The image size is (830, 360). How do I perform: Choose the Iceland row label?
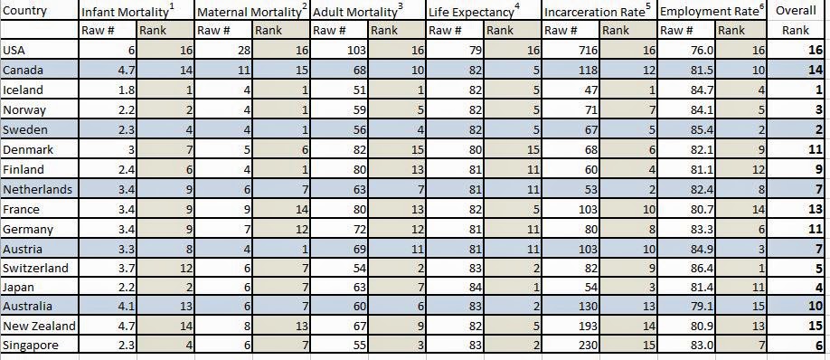(x=23, y=90)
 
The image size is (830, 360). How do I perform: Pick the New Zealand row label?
(x=39, y=326)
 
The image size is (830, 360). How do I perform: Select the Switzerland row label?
(x=35, y=268)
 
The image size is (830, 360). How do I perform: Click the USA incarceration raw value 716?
(x=588, y=51)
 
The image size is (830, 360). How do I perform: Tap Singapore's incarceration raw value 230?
(x=588, y=346)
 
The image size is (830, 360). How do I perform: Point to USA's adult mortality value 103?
(x=356, y=51)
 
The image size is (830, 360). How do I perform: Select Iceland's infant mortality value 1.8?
(x=127, y=90)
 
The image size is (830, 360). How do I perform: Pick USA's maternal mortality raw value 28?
(x=244, y=51)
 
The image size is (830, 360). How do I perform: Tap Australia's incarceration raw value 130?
(x=588, y=306)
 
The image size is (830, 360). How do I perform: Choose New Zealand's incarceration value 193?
(x=588, y=326)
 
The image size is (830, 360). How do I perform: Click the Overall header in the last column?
(x=797, y=11)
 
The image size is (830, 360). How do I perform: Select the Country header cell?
(x=25, y=11)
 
